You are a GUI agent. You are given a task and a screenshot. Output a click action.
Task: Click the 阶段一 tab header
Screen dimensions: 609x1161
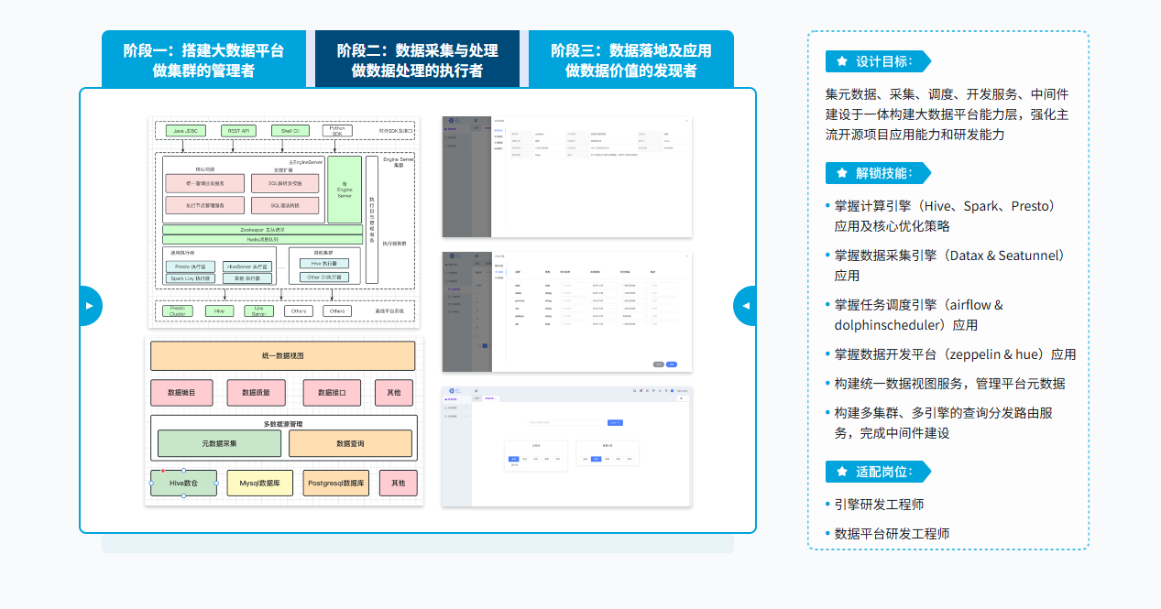[203, 60]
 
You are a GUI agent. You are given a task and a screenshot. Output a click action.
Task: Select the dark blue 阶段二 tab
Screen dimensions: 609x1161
[417, 60]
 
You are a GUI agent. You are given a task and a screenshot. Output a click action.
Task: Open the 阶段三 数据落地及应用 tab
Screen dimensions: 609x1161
[630, 60]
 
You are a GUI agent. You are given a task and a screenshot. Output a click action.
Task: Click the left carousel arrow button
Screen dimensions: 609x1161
[89, 306]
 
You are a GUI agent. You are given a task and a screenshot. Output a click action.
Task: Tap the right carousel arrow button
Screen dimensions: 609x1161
[746, 306]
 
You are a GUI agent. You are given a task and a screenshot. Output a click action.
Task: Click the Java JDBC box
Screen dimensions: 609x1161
[184, 131]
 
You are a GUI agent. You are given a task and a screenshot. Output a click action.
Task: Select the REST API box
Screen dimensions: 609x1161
[239, 131]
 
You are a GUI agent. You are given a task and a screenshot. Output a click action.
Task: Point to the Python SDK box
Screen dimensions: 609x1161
[337, 131]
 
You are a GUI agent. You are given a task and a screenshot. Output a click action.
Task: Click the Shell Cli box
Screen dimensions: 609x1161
[290, 131]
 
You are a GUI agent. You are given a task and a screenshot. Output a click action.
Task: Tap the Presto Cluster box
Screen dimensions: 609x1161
[178, 310]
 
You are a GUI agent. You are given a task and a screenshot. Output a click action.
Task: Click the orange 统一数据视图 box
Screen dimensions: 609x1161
[282, 355]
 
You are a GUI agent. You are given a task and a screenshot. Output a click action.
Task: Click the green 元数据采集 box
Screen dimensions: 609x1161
[219, 443]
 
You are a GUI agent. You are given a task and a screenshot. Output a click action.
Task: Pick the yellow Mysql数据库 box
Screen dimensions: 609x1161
[260, 483]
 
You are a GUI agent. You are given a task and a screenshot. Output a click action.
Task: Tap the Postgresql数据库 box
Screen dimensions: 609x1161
[336, 483]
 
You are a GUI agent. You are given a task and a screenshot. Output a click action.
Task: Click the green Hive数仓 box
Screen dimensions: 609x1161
[183, 483]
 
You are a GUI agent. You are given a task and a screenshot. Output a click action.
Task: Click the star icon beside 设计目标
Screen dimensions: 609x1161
[842, 61]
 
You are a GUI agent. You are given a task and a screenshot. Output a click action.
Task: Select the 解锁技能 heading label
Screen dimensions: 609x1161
[883, 173]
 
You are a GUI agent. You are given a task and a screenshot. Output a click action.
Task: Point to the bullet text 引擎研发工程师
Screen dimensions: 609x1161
[879, 505]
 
